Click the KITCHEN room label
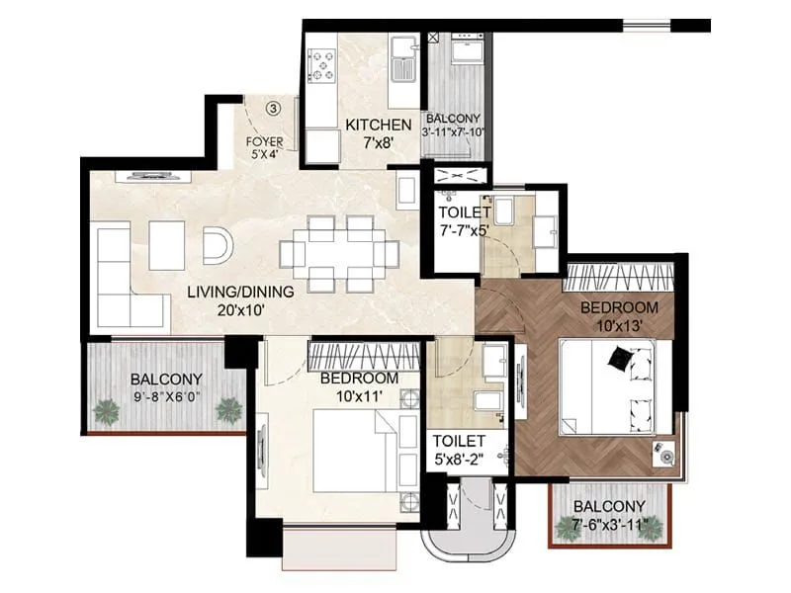pyautogui.click(x=378, y=125)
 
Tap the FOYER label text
pyautogui.click(x=264, y=141)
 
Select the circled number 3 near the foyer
pyautogui.click(x=275, y=107)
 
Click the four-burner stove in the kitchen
pyautogui.click(x=322, y=65)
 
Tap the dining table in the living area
pyautogui.click(x=339, y=254)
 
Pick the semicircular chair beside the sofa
pyautogui.click(x=217, y=244)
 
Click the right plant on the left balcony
pyautogui.click(x=229, y=409)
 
